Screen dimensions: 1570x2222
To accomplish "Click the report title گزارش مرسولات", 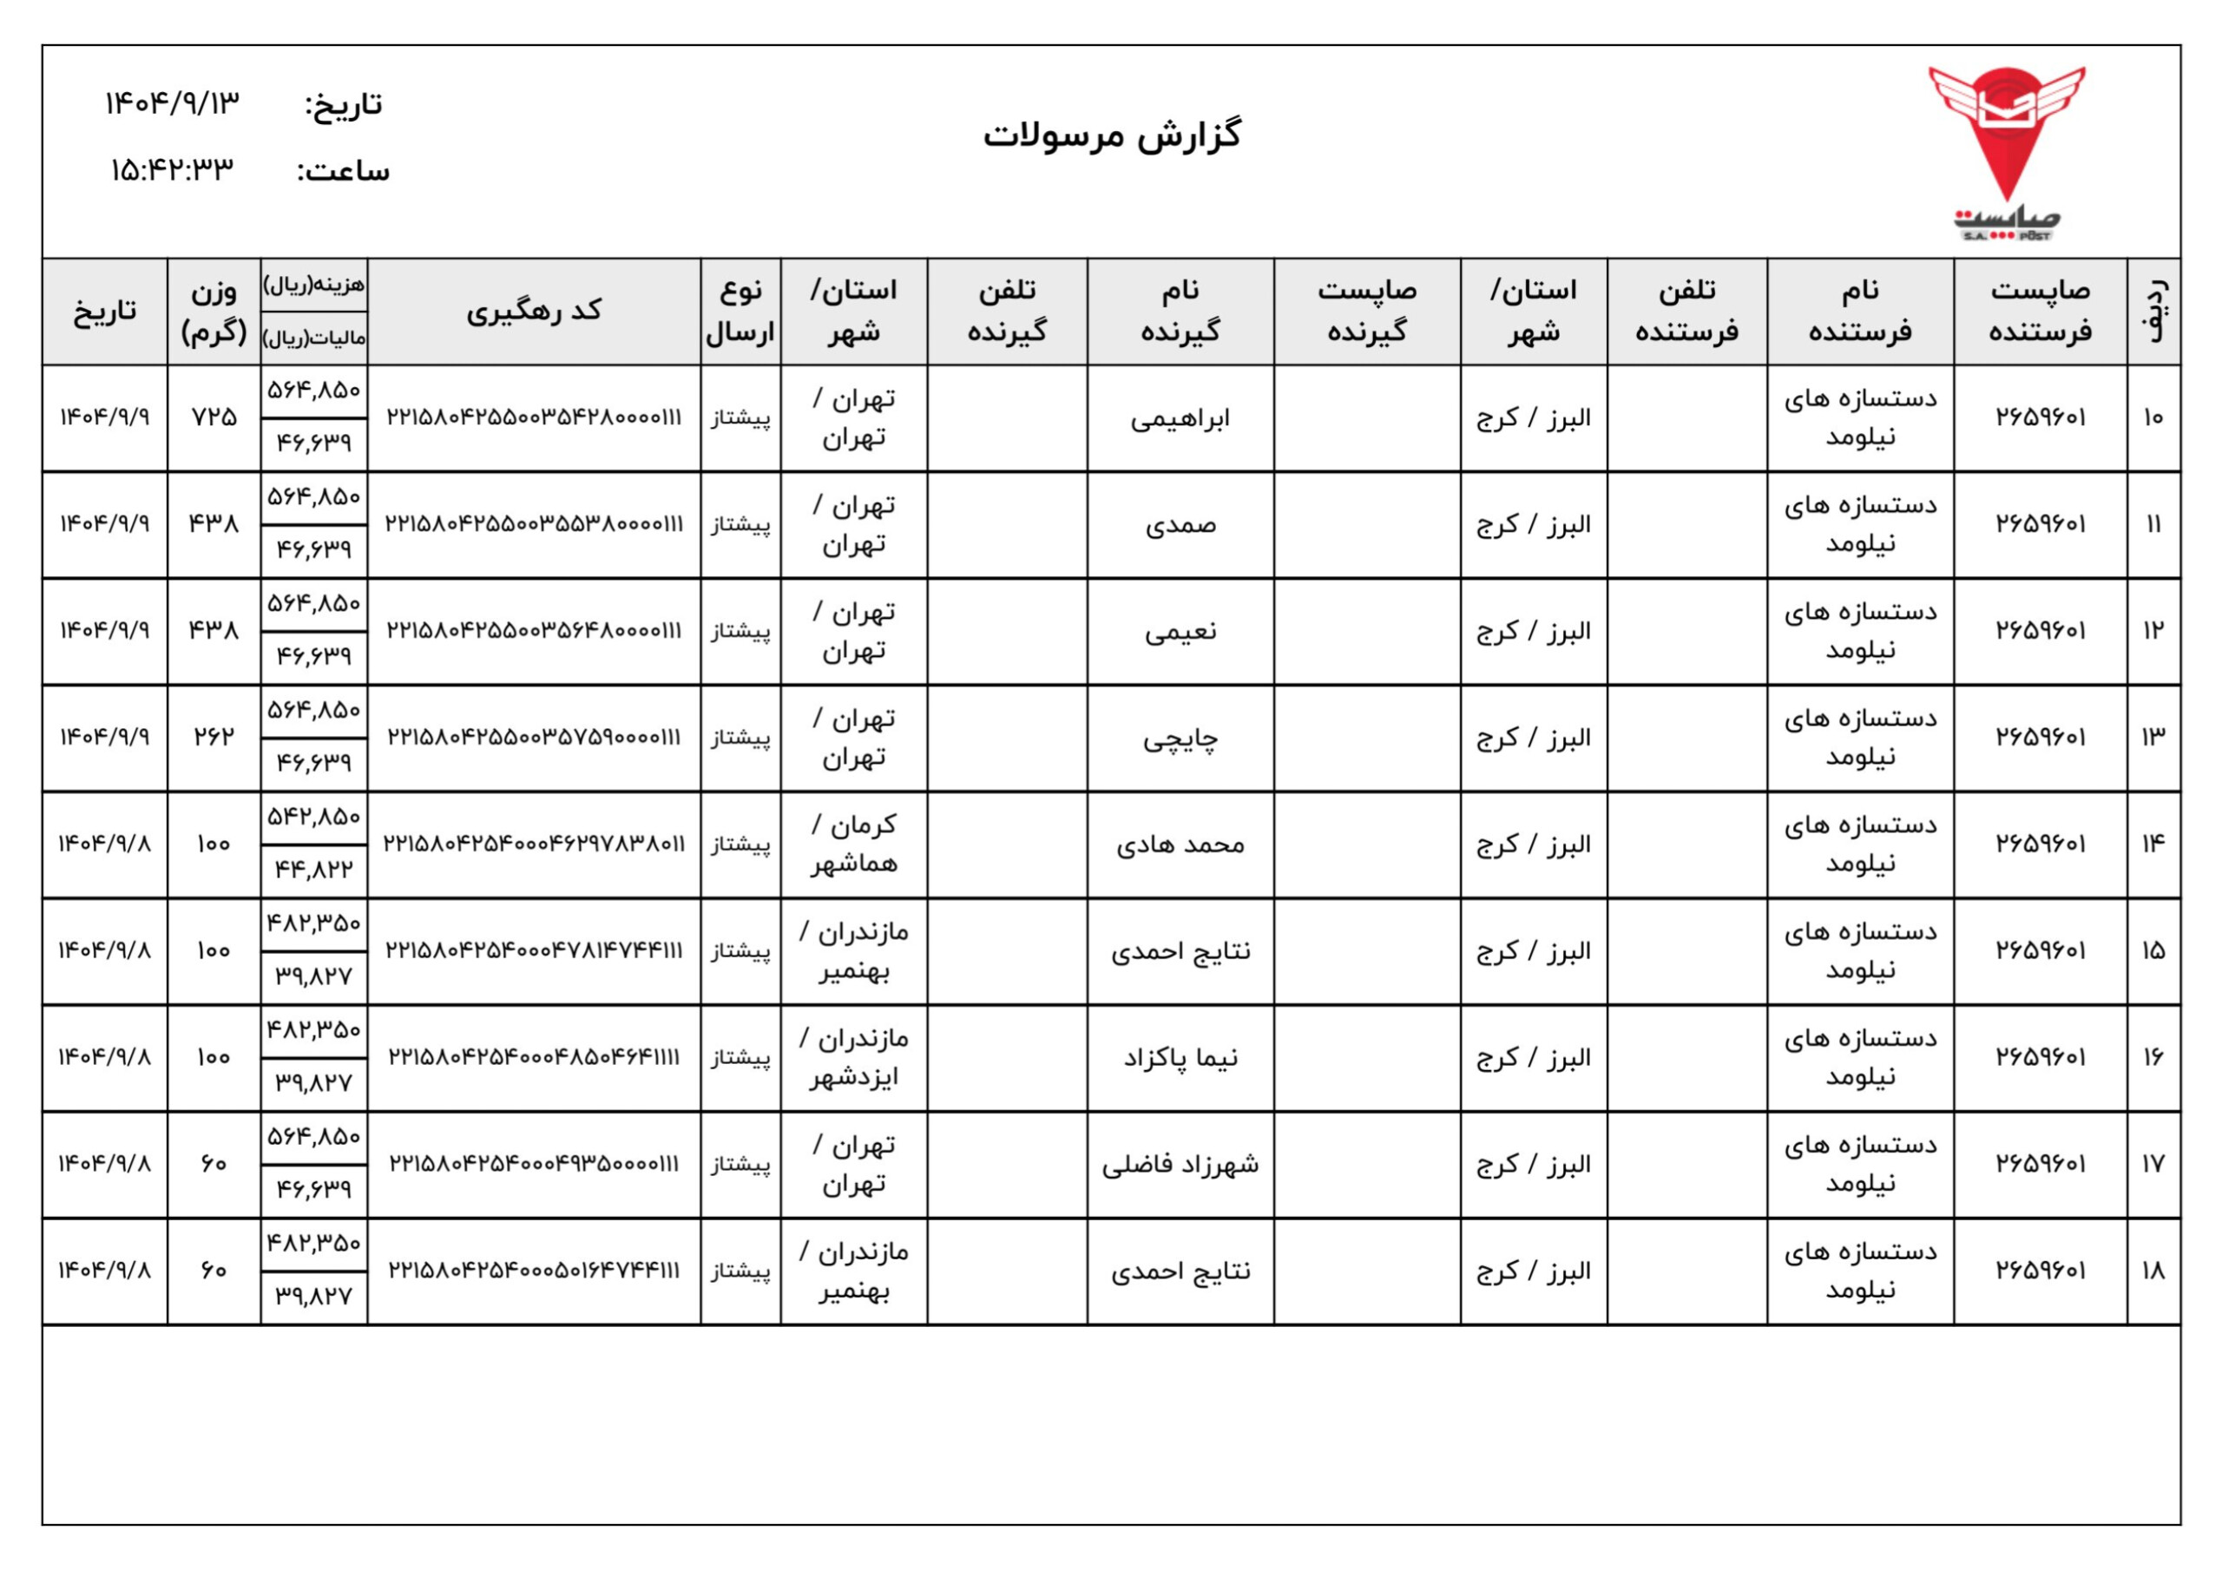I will coord(1112,135).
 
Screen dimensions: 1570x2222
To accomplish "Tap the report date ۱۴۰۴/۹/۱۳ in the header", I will coord(172,102).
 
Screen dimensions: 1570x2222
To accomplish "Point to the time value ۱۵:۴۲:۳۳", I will coord(172,170).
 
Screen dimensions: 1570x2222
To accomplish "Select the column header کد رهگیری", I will coord(533,311).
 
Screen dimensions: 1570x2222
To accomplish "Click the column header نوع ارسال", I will coord(740,311).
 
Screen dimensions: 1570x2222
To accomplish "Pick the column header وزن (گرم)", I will coord(213,311).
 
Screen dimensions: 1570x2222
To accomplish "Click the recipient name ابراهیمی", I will coord(1180,418).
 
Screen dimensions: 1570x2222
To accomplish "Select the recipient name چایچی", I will coord(1180,739).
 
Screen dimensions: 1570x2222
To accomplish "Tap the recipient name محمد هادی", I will coord(1180,845).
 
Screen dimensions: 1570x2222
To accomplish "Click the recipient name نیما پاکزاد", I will coord(1180,1058).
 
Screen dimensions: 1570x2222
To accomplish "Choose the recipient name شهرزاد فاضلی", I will coord(1180,1165).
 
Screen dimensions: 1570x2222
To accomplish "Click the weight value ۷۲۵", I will coord(214,417).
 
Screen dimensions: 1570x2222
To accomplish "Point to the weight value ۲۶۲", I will coord(214,737).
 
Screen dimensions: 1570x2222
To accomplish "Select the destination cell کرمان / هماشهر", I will coord(853,844).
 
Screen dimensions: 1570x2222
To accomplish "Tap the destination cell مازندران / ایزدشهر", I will coord(853,1058).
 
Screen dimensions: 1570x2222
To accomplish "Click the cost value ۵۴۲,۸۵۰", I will coord(313,817).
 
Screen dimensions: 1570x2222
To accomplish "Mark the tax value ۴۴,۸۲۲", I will coord(313,870).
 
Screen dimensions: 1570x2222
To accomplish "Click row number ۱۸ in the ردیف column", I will coord(2153,1270).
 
